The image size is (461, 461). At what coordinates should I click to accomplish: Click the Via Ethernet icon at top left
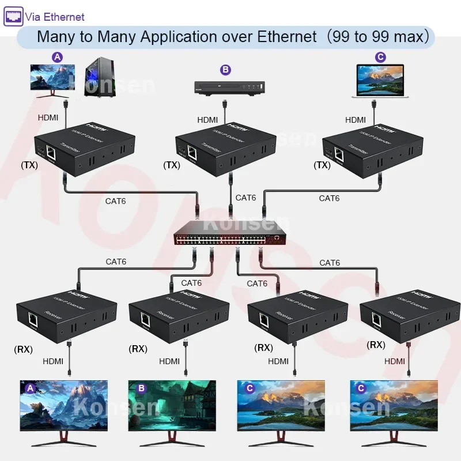pos(13,16)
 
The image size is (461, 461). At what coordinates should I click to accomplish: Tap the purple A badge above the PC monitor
pos(57,57)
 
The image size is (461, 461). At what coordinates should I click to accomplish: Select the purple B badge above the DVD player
pos(225,70)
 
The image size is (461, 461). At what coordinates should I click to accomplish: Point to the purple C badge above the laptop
pos(380,57)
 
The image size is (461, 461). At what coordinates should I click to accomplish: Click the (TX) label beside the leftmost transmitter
pos(29,165)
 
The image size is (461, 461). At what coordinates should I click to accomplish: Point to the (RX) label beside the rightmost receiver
pos(376,345)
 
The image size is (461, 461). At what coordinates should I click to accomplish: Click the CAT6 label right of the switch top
pos(329,198)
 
